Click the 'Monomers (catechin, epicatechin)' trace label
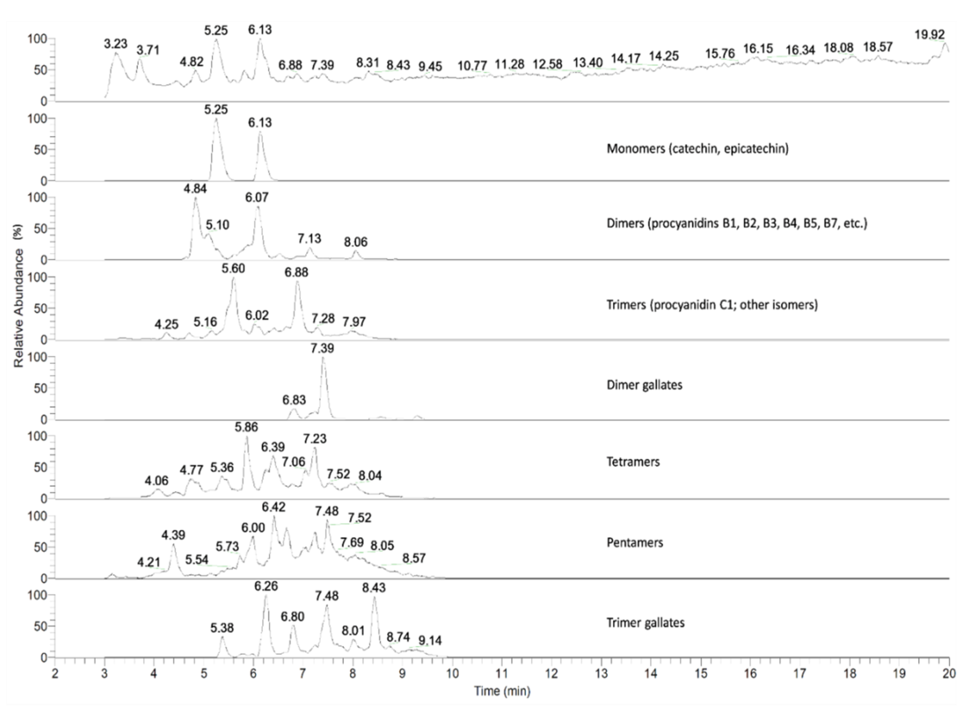pos(697,149)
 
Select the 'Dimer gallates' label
pos(644,385)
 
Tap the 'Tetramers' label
pos(633,462)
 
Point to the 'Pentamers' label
pos(634,542)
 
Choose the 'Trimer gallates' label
pos(645,623)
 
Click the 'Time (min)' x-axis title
pos(502,691)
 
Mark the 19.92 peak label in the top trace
pos(929,34)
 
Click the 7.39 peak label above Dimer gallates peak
pos(322,348)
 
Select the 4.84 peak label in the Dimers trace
pos(195,189)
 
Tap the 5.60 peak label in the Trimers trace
pos(233,269)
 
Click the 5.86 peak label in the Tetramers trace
pos(246,427)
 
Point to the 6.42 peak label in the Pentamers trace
pos(273,507)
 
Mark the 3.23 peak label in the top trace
pos(116,44)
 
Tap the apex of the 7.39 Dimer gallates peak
pos(323,358)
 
